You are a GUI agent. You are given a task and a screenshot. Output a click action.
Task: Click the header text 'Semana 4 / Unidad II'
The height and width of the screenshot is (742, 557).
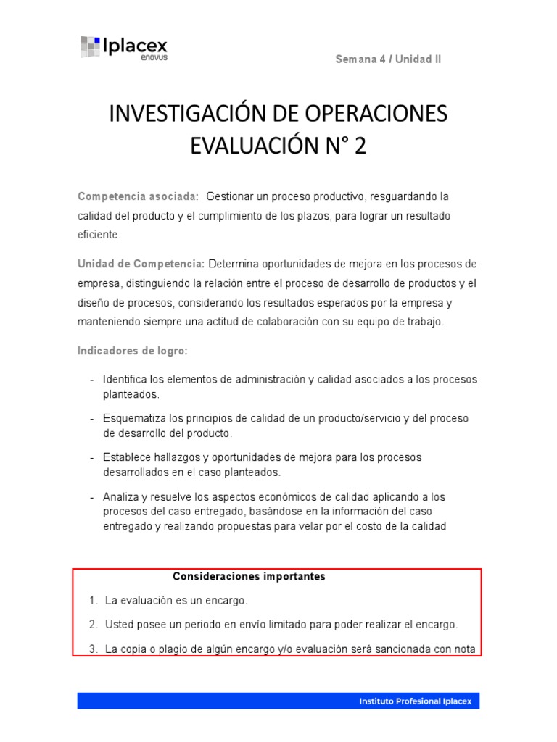coord(388,59)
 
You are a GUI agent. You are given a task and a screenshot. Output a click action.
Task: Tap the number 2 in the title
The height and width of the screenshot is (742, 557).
coord(360,146)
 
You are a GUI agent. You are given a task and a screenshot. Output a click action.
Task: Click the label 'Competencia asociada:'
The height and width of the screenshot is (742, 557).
coord(138,197)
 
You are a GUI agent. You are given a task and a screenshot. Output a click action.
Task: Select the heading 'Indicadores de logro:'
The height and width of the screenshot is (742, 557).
coord(133,351)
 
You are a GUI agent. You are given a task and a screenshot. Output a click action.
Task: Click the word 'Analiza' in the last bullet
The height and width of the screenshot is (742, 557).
coord(120,497)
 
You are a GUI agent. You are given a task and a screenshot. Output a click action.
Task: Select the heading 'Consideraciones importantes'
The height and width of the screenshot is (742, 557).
coord(249,577)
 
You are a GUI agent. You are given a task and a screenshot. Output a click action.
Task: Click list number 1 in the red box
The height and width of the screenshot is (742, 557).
coord(93,601)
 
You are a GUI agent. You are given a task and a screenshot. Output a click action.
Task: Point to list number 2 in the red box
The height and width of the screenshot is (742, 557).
coord(93,625)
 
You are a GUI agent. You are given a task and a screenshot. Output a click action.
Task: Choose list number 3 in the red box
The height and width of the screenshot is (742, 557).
coord(93,649)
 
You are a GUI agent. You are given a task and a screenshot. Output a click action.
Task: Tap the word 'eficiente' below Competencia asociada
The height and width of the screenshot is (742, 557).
coord(99,235)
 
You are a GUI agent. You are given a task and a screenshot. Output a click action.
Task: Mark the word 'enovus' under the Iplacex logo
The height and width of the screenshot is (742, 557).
coord(154,58)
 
